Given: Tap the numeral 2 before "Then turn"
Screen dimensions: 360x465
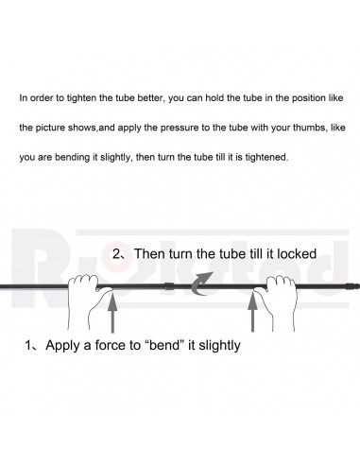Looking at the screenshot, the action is point(116,253).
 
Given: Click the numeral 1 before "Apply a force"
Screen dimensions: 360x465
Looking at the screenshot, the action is point(28,345).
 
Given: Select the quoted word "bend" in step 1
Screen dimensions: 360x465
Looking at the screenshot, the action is point(164,345).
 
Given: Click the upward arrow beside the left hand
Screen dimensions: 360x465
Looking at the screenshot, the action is point(112,312).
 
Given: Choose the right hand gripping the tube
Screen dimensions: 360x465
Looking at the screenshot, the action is point(276,301).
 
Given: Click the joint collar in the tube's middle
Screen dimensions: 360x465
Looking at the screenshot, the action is point(169,286).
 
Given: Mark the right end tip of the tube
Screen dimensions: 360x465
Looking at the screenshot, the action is point(358,286).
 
